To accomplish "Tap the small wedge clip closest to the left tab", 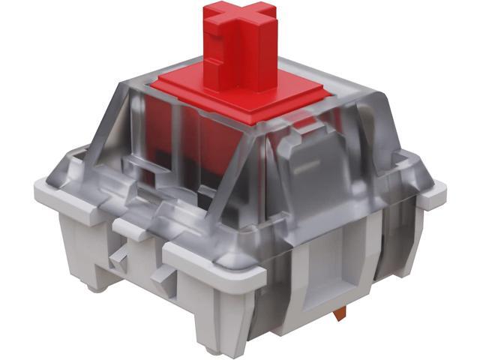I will pos(118,259).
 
